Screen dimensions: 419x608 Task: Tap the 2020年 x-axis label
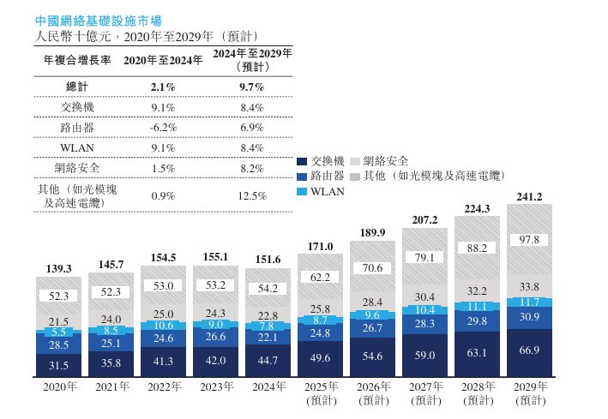(61, 387)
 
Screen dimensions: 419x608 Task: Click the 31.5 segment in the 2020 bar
(61, 366)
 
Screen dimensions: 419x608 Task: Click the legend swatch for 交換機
(301, 161)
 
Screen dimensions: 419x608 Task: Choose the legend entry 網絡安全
(385, 161)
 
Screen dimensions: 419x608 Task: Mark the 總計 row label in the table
(77, 87)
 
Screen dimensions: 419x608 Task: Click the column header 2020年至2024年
(163, 60)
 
